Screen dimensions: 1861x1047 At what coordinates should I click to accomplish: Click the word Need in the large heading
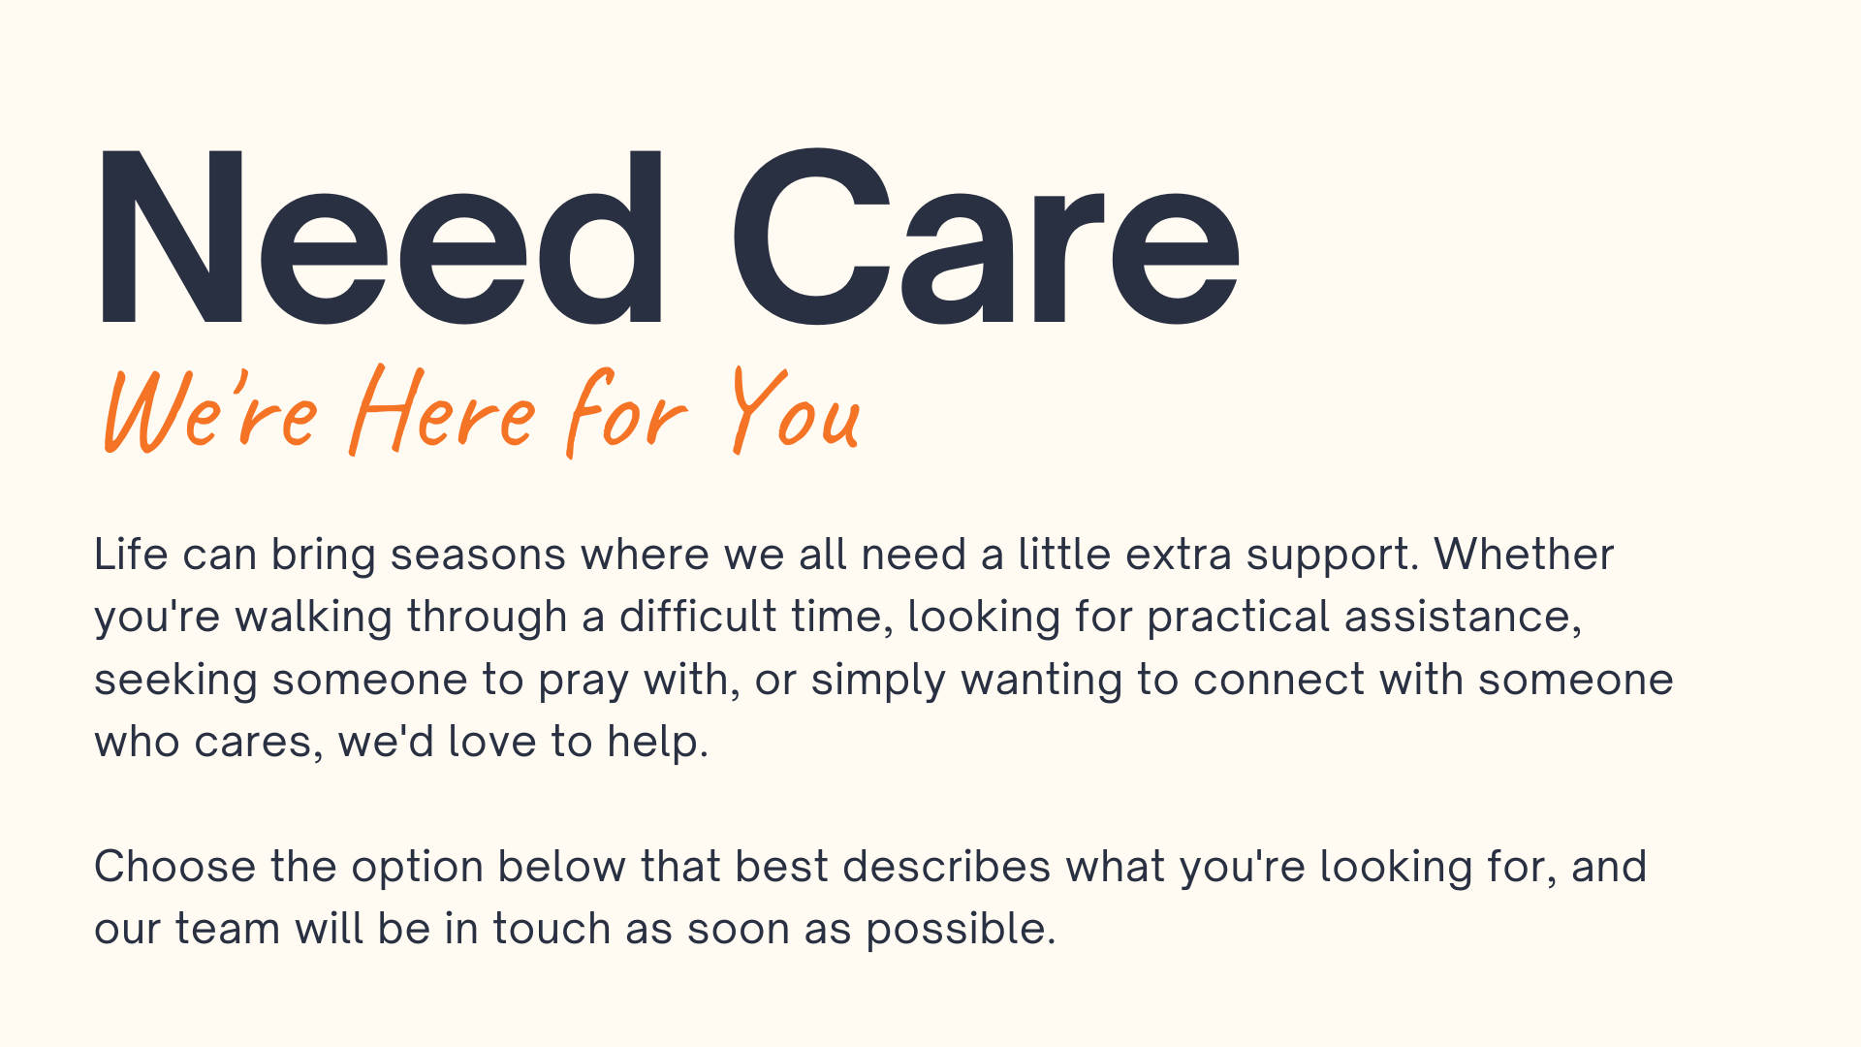coord(381,238)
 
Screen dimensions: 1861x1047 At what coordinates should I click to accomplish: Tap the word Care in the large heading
coord(985,238)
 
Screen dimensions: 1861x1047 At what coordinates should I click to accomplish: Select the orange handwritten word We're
coord(210,410)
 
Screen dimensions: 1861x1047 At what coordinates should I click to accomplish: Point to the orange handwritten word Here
coord(442,410)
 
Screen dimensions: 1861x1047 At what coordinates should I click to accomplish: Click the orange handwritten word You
coord(795,410)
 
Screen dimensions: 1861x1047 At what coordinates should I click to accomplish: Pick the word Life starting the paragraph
coord(131,555)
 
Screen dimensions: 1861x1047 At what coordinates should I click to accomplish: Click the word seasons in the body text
coord(478,555)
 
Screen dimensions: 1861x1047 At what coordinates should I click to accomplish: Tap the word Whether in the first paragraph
coord(1524,555)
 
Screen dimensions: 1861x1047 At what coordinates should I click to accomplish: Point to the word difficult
coord(698,617)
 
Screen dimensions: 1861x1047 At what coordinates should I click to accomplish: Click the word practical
coord(1238,618)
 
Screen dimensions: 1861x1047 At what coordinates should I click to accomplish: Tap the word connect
coord(1278,680)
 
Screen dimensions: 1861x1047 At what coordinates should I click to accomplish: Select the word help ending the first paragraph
coord(658,743)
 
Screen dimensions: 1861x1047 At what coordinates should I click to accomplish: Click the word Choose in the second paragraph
coord(174,867)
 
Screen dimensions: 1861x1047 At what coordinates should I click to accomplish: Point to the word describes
coord(947,867)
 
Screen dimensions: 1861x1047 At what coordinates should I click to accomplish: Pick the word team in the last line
coord(228,929)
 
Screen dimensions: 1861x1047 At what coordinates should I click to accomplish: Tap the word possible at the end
coord(961,930)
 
